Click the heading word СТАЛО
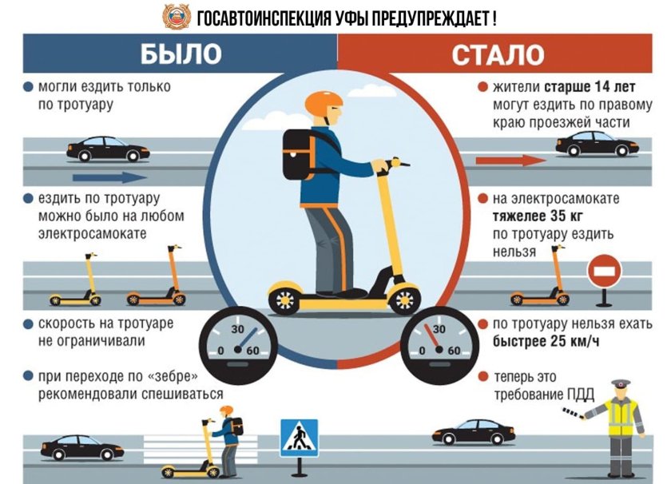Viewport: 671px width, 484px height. pos(498,54)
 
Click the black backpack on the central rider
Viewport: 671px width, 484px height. pos(297,153)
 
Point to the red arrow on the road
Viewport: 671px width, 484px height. pos(510,161)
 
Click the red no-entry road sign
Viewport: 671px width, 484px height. pos(604,272)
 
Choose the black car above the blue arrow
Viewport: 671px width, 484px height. pos(107,149)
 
